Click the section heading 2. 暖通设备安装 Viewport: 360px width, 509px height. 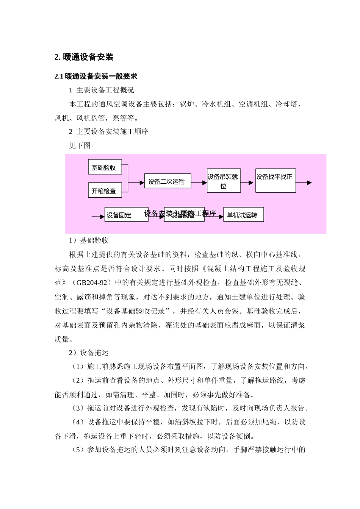[x=84, y=57]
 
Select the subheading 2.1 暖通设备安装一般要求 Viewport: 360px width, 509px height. [x=95, y=76]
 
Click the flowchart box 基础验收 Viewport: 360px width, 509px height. [x=105, y=167]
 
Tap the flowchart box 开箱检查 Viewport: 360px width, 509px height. [x=105, y=190]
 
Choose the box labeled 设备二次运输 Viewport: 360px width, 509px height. [x=167, y=181]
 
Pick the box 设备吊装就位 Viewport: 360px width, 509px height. [x=224, y=181]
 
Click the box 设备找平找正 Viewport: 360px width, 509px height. [x=275, y=181]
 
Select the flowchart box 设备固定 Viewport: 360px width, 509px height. [x=126, y=215]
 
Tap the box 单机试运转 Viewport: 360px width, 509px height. [x=243, y=215]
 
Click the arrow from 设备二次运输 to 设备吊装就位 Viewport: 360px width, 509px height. [x=199, y=183]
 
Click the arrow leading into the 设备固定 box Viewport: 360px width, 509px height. [x=98, y=217]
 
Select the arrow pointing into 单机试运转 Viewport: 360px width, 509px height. [x=214, y=217]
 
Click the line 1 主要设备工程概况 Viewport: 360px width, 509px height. [x=101, y=90]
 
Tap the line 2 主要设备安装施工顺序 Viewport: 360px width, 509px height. [x=108, y=132]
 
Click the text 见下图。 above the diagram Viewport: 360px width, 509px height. [x=81, y=146]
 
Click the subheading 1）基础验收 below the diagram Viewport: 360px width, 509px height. [x=89, y=240]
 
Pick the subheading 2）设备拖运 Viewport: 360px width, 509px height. [x=89, y=353]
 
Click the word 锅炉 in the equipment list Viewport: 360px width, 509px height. [x=186, y=104]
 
